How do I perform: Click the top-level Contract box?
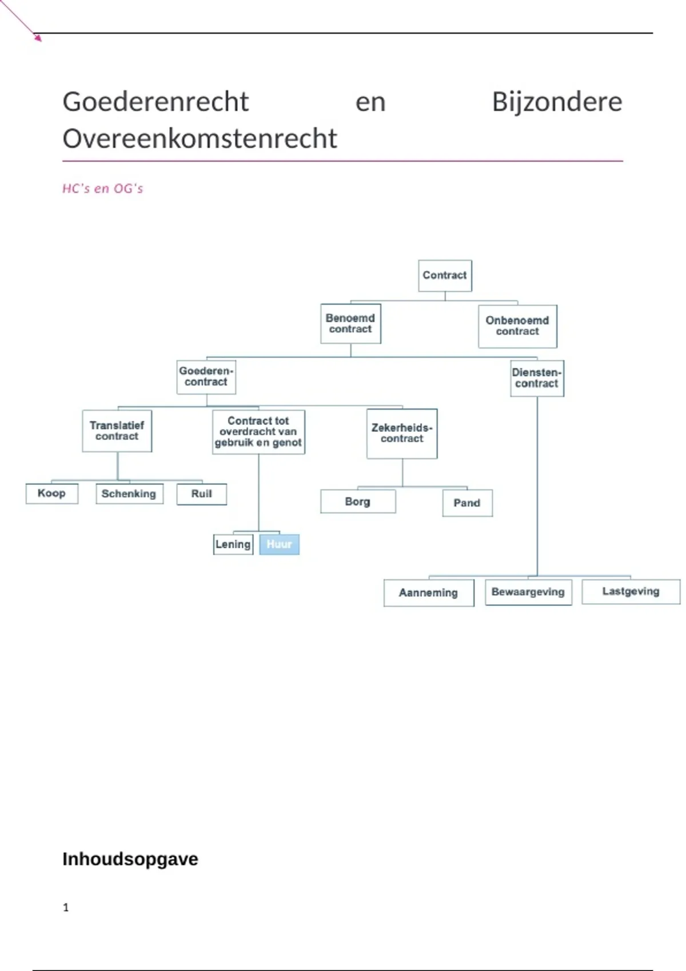pos(445,275)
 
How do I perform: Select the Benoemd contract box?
pos(350,324)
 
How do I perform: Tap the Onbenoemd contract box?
pos(517,326)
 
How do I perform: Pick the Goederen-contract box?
pos(206,377)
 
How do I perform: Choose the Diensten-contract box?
pos(537,378)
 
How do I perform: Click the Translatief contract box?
pos(117,431)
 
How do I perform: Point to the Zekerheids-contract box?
pos(402,434)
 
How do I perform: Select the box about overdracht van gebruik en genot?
pos(258,432)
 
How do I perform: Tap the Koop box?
pos(51,493)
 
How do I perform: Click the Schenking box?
pos(129,494)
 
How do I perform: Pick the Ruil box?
pos(201,494)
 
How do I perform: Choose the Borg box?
pos(358,501)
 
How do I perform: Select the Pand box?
pos(467,503)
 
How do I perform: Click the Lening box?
pos(233,544)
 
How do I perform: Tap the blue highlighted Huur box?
pos(280,544)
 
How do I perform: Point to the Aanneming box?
pos(429,593)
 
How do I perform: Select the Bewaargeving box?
pos(528,592)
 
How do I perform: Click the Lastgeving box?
pos(631,592)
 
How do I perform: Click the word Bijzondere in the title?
pos(557,102)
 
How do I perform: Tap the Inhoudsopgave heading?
pos(130,859)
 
